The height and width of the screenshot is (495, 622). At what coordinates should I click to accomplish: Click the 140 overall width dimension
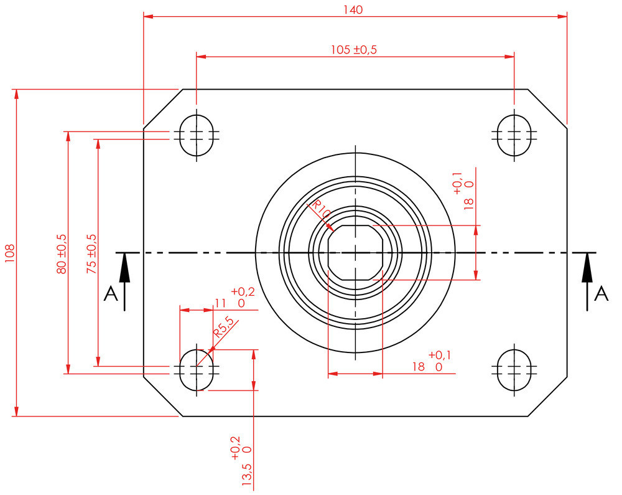click(x=353, y=9)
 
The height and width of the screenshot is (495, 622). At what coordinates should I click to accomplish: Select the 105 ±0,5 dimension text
click(x=355, y=50)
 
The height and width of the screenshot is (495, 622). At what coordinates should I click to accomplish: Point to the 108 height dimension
click(x=9, y=252)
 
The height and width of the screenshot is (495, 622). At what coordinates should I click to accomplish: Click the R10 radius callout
click(x=321, y=209)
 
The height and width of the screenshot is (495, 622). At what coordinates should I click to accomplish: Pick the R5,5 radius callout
click(x=223, y=326)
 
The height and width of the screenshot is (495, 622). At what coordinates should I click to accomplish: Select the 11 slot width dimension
click(x=220, y=303)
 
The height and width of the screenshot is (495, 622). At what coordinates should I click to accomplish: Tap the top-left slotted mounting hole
click(x=197, y=135)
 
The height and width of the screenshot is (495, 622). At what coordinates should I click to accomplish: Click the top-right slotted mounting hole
click(x=514, y=135)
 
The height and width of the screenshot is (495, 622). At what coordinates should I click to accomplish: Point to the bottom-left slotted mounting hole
click(x=197, y=369)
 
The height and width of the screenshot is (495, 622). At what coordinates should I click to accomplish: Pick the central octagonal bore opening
click(x=355, y=253)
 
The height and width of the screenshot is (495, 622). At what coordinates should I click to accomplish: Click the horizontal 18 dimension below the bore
click(x=418, y=367)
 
